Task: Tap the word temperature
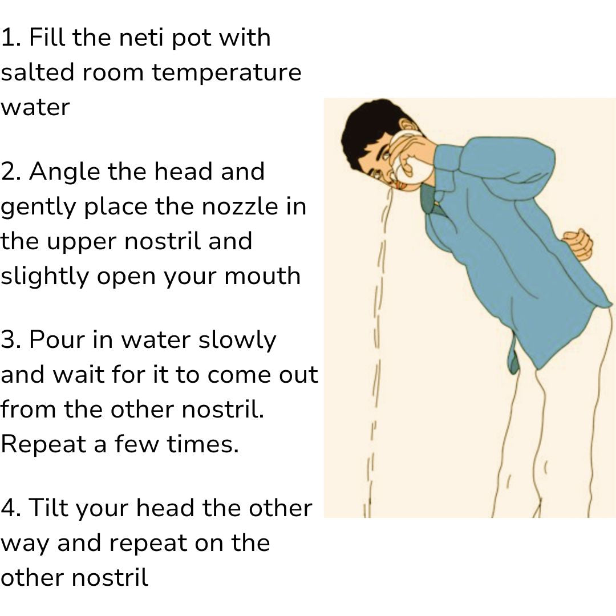(226, 74)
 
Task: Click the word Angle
(64, 173)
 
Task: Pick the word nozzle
(240, 206)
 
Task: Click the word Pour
(57, 339)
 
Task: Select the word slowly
(237, 340)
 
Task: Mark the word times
(202, 444)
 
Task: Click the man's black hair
(369, 128)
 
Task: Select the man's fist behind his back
(577, 245)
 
